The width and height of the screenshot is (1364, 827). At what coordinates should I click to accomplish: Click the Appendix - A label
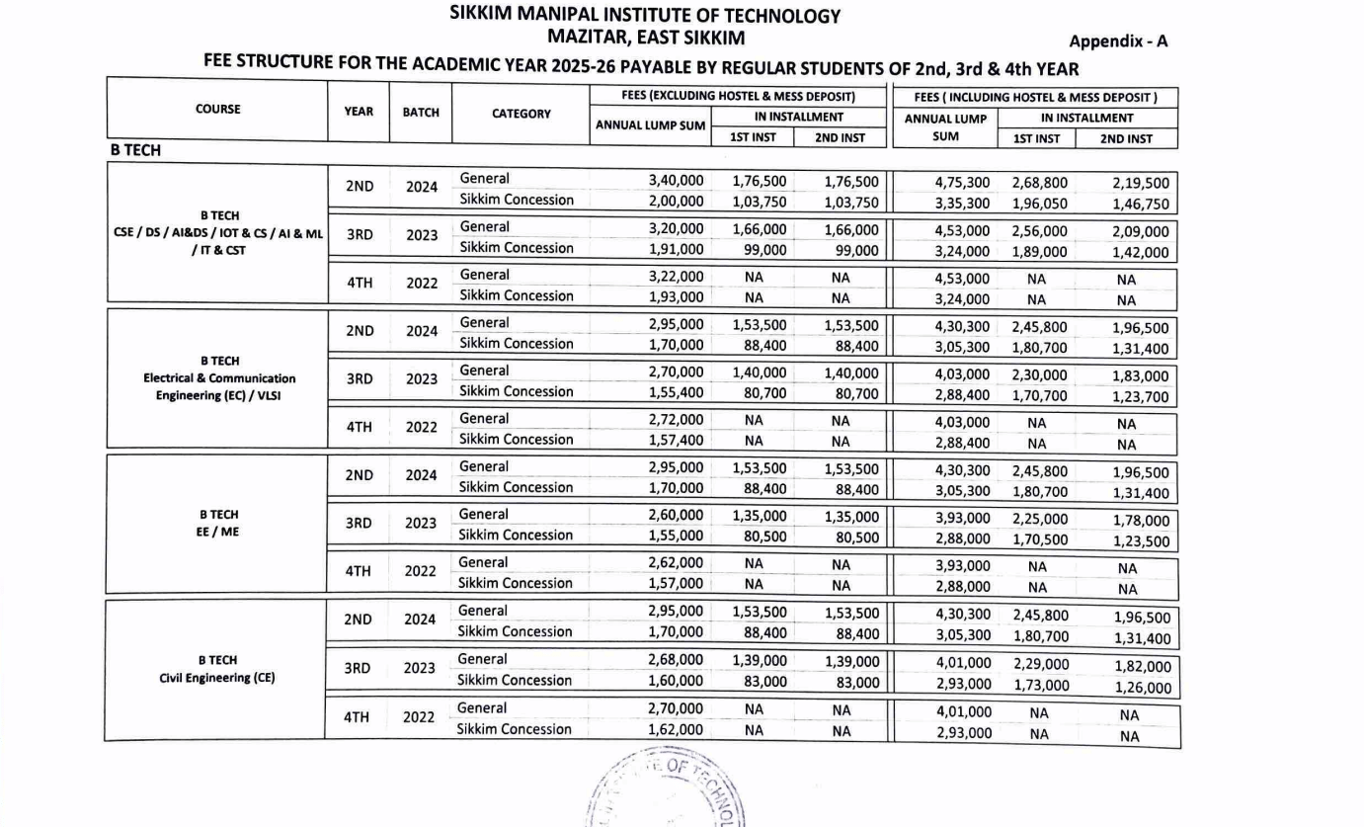pos(1118,41)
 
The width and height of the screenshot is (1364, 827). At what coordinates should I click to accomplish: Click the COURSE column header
pos(218,110)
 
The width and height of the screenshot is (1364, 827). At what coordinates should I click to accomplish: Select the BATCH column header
pos(421,113)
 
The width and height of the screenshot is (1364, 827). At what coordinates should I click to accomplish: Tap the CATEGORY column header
pos(522,114)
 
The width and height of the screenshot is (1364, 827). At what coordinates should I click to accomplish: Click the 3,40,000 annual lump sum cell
pos(677,180)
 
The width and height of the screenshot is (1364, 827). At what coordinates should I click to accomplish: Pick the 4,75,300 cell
pos(963,183)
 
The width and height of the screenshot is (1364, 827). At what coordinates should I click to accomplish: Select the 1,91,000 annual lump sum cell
pos(677,249)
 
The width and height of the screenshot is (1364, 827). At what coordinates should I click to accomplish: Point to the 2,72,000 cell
pos(677,420)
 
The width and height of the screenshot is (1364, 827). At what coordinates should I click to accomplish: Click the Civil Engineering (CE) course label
pos(217,678)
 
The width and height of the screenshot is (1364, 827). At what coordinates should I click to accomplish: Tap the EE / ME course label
pos(218,532)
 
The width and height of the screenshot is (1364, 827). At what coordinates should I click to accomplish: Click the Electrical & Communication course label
pos(219,377)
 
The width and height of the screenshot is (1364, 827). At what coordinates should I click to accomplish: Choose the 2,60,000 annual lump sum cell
pos(677,516)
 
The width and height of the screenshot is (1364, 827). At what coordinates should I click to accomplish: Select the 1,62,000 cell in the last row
pos(677,730)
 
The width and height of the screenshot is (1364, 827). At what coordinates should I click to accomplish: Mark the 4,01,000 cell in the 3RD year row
pos(963,664)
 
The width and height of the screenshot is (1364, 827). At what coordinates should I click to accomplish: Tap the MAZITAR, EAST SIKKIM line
pos(647,39)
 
